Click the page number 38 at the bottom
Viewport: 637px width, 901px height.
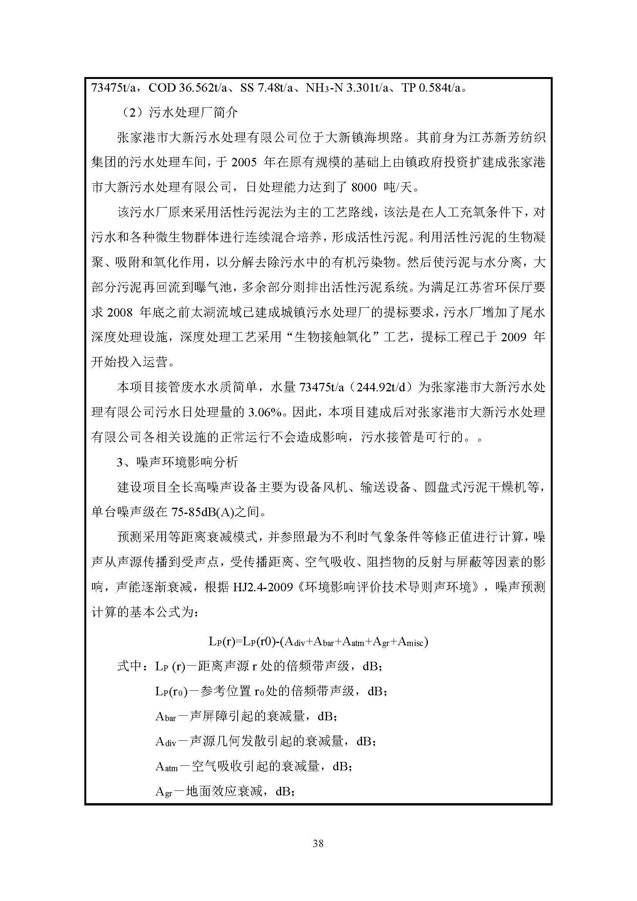point(318,843)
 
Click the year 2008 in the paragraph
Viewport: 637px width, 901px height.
point(120,312)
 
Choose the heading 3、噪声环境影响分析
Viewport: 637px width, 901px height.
point(177,462)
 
